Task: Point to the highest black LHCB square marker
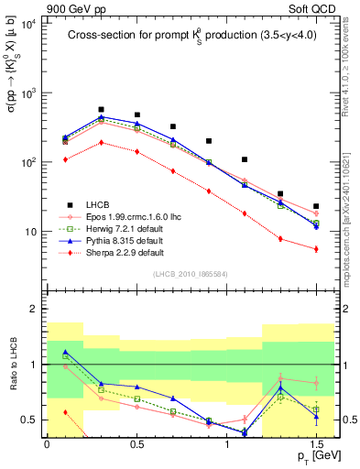pyautogui.click(x=101, y=109)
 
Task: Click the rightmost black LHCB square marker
pyautogui.click(x=316, y=206)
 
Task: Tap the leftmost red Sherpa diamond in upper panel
pyautogui.click(x=65, y=159)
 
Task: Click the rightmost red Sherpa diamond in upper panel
pyautogui.click(x=316, y=249)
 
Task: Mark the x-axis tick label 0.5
pyautogui.click(x=136, y=443)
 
